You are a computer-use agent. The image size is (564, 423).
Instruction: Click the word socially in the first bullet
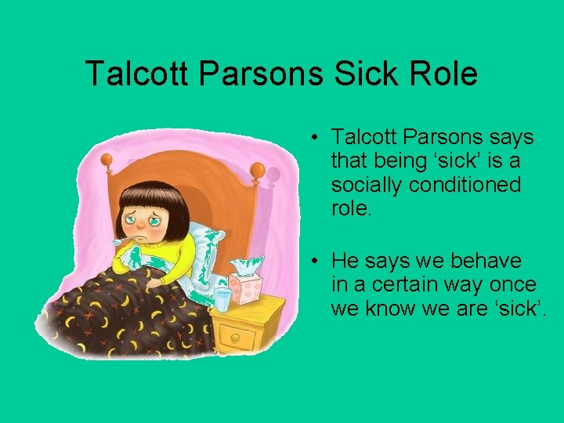click(366, 185)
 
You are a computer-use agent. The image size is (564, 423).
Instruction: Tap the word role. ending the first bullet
click(352, 208)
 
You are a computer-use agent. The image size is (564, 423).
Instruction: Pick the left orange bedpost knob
click(107, 161)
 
